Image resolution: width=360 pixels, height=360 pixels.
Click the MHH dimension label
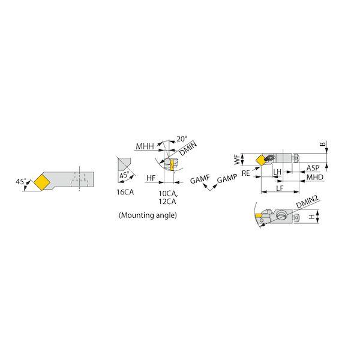(145, 146)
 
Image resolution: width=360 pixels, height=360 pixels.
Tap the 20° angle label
(182, 139)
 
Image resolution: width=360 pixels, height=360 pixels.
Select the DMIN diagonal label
(188, 149)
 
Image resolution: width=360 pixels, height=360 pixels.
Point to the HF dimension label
(151, 178)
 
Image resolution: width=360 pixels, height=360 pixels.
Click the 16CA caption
(125, 192)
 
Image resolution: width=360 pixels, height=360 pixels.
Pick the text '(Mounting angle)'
(148, 215)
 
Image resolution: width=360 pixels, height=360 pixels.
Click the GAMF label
(200, 179)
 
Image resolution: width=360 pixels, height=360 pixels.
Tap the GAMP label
(227, 179)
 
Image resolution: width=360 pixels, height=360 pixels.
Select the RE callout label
(245, 173)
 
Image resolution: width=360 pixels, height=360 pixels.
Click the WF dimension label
(237, 159)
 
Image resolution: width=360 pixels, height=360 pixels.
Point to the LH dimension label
(277, 172)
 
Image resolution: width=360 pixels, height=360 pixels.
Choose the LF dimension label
(280, 188)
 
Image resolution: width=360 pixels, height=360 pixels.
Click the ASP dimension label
(313, 168)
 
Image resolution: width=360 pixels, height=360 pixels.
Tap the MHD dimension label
(315, 177)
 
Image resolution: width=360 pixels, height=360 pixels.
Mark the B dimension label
(323, 144)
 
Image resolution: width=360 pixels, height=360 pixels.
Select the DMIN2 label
(307, 202)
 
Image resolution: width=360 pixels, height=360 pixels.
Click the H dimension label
(311, 217)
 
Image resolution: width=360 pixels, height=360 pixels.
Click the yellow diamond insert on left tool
(42, 182)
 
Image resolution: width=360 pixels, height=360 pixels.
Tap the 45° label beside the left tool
(20, 182)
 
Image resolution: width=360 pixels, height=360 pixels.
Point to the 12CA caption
(167, 202)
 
